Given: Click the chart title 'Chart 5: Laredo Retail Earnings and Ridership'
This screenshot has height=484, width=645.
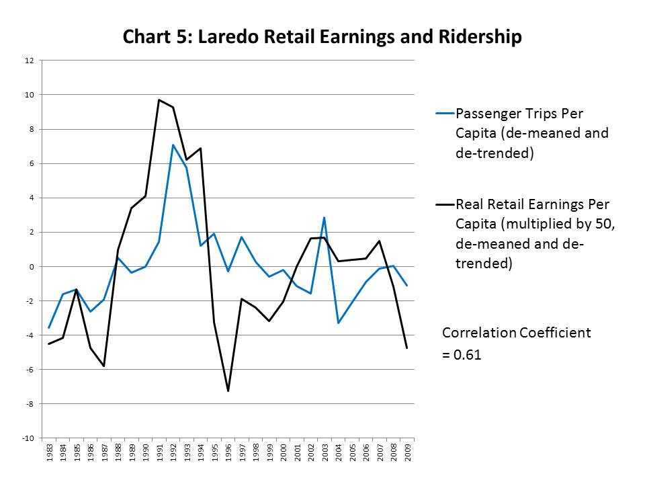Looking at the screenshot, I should click(x=322, y=37).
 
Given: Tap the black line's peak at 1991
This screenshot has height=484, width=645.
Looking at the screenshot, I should click(x=159, y=100).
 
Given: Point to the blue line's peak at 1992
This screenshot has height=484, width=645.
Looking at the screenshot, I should click(x=173, y=145).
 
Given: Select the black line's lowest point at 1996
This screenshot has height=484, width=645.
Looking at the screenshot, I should click(x=228, y=391).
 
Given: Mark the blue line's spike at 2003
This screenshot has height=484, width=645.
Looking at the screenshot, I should click(x=325, y=217).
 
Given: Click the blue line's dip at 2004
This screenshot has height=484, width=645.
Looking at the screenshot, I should click(x=338, y=323).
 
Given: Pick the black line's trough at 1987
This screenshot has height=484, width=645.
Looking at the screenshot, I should click(x=104, y=366).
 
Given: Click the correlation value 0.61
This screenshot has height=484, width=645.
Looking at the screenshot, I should click(x=468, y=356).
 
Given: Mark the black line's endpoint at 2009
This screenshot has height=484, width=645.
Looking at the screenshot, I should click(x=407, y=348).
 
